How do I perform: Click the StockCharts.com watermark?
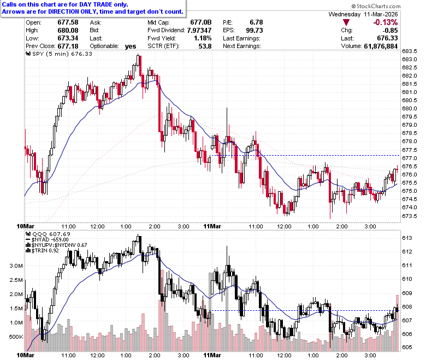click(376, 6)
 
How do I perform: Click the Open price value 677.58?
click(68, 22)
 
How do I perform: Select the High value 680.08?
click(68, 30)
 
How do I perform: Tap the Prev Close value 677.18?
click(68, 46)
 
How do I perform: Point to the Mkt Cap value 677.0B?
click(201, 22)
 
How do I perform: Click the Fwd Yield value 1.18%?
click(203, 38)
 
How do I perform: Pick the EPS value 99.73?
click(255, 30)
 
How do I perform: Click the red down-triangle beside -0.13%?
click(346, 22)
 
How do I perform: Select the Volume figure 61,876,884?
click(381, 46)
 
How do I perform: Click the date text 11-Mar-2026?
click(381, 14)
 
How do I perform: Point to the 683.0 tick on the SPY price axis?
click(410, 59)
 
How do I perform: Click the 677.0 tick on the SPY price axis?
click(410, 158)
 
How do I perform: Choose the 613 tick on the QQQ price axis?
click(407, 238)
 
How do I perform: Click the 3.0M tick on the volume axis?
click(16, 265)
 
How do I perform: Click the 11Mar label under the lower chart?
click(212, 355)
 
